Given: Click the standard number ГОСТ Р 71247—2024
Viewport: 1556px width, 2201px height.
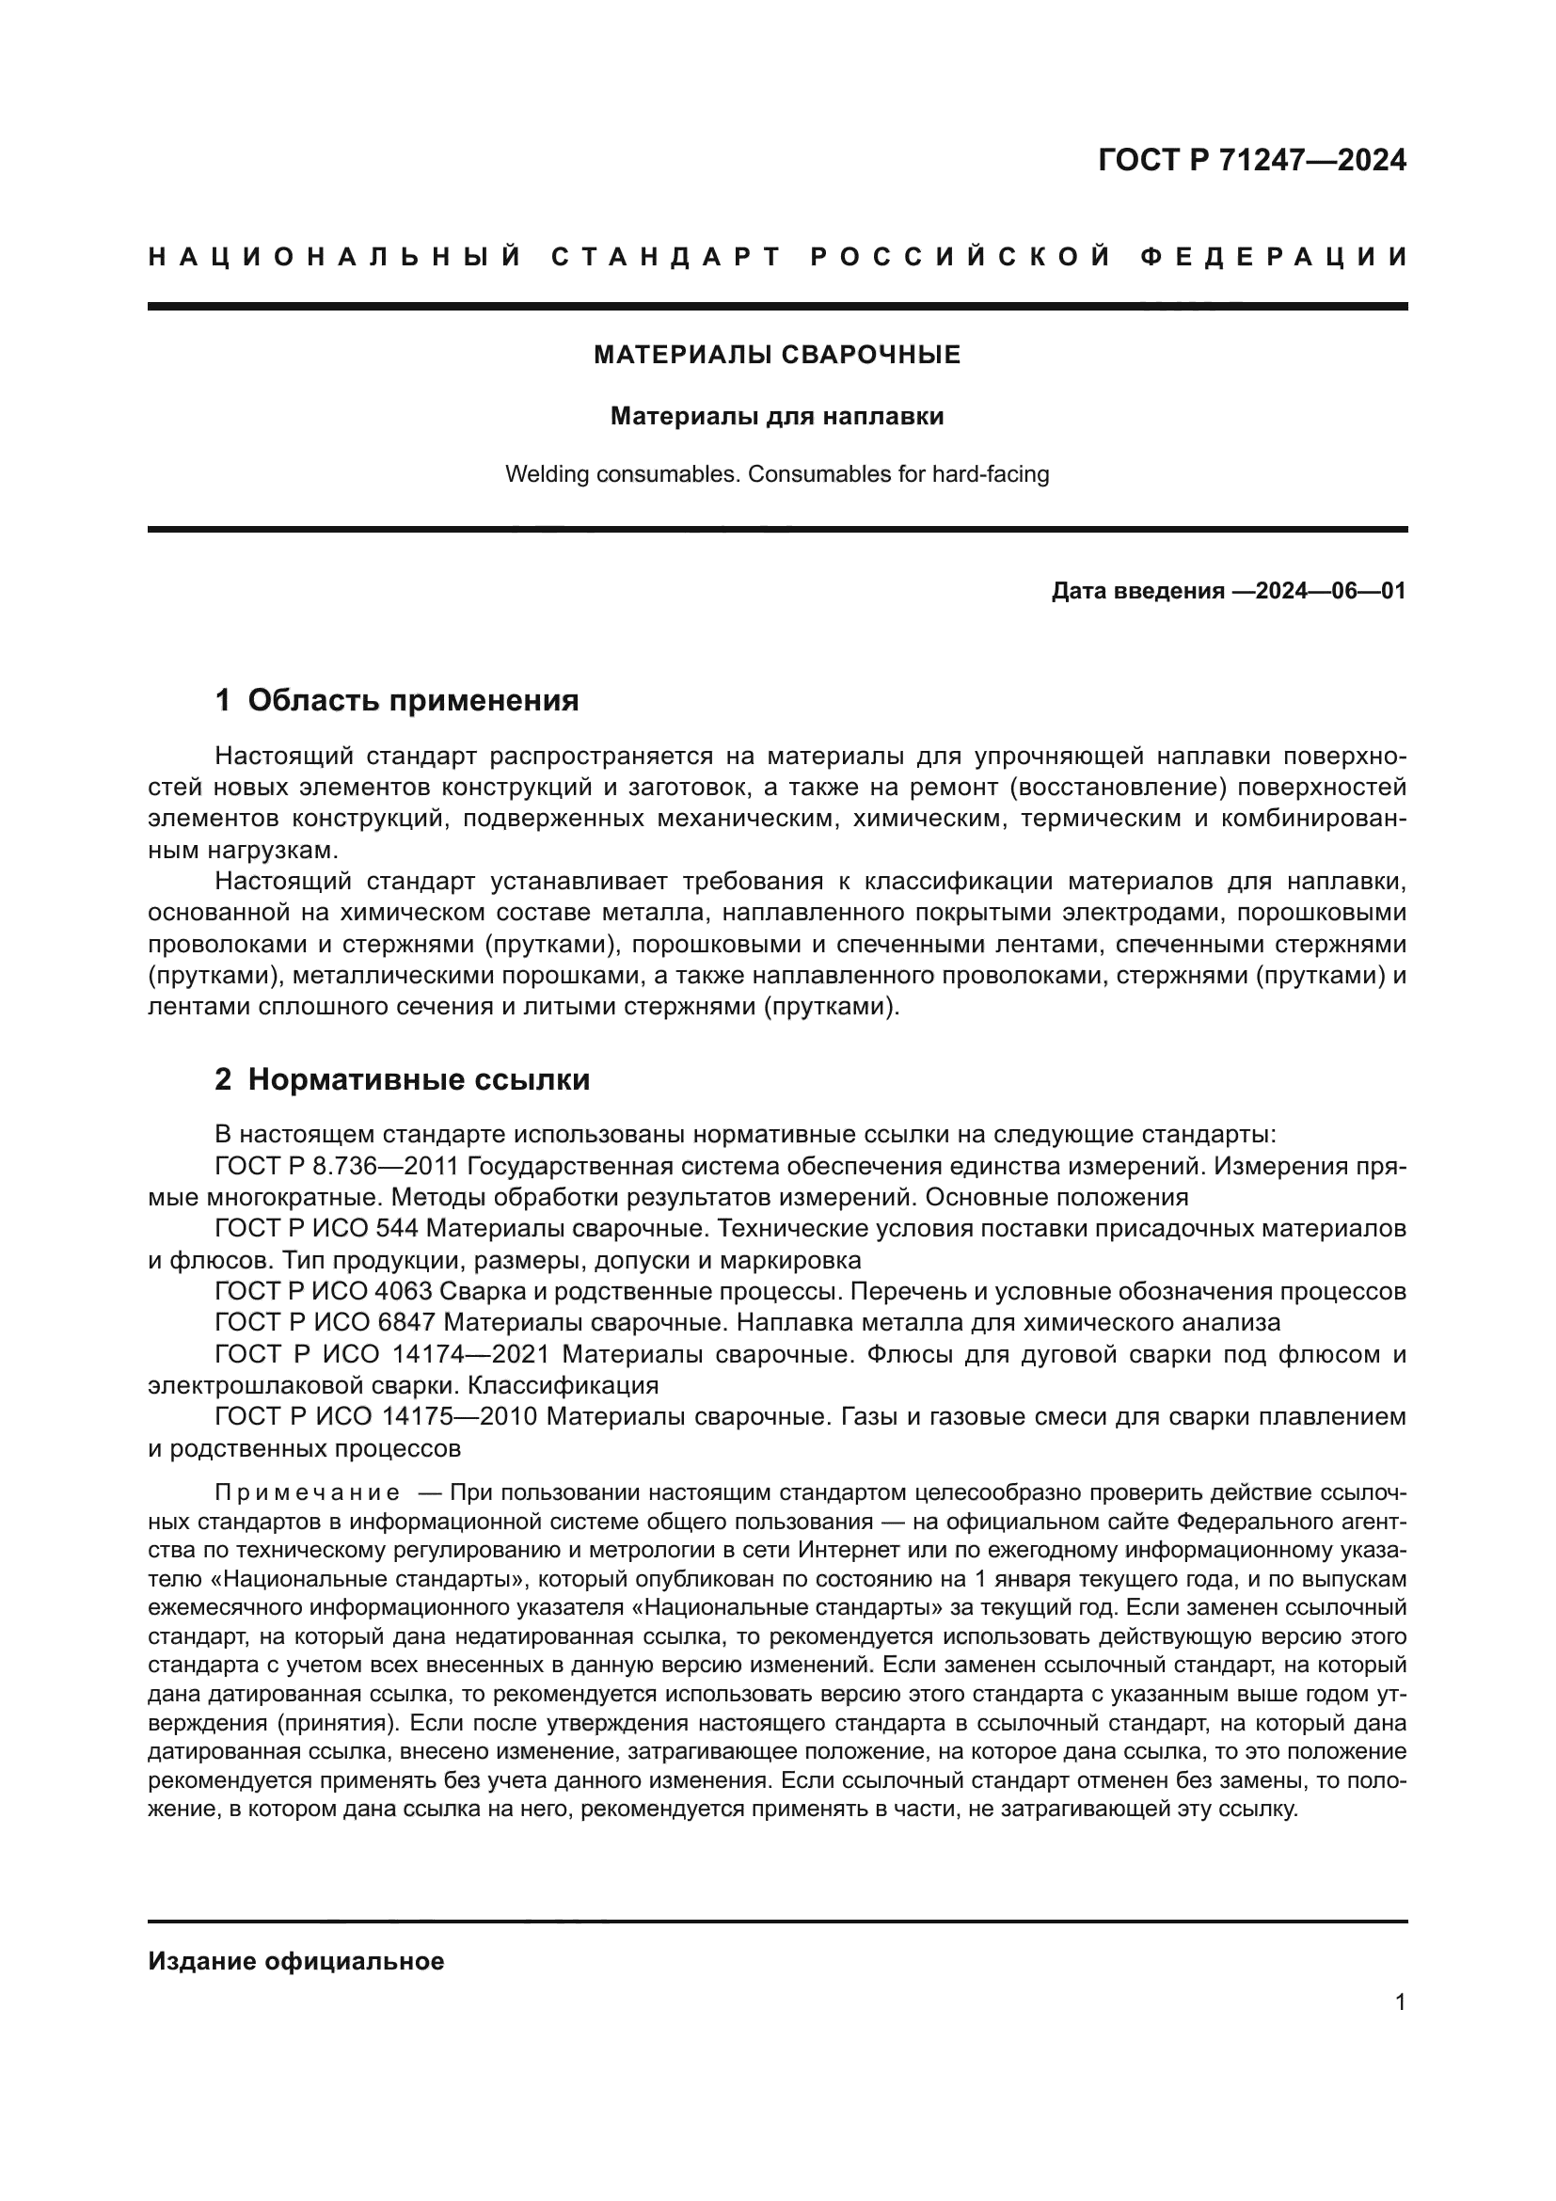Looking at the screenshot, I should tap(1251, 160).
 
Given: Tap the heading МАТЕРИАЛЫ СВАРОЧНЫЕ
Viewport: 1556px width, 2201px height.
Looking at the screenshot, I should tap(777, 356).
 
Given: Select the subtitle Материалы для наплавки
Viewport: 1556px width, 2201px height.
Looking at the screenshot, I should tap(777, 417).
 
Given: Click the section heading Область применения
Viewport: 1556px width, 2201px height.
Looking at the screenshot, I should tap(413, 701).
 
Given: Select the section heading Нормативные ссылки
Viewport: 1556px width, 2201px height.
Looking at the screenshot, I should tap(419, 1080).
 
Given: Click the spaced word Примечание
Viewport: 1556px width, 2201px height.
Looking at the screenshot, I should tap(308, 1492).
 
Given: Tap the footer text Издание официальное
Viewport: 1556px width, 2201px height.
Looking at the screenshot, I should tap(296, 1961).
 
